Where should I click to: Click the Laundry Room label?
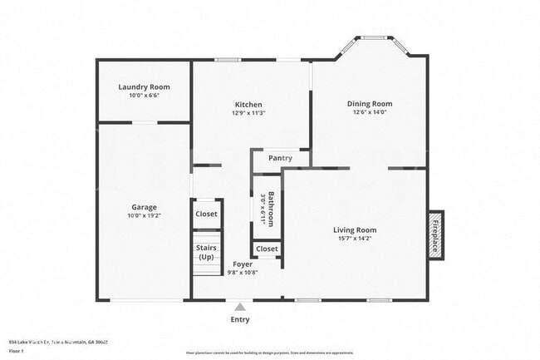144,87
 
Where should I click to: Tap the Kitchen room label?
248,105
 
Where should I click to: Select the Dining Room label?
370,104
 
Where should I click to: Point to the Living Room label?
355,230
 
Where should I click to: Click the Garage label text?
144,207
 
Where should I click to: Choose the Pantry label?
280,158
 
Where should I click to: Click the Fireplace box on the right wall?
435,234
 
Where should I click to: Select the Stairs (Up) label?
207,252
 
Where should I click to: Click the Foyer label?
243,264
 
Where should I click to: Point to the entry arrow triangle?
239,307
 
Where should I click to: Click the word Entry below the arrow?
239,319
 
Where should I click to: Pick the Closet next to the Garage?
207,214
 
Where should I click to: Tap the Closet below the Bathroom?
267,249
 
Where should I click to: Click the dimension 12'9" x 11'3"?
248,113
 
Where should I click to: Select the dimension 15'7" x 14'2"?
355,239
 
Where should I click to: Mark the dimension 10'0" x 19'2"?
144,215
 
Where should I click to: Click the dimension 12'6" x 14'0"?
370,112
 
